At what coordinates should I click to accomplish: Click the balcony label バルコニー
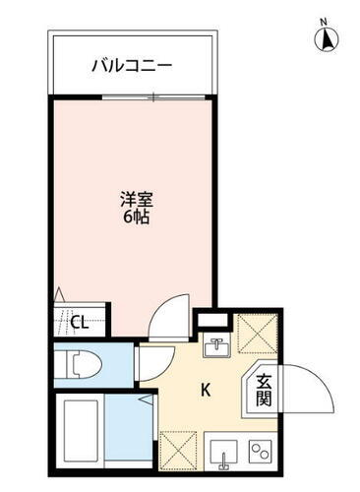[132, 66]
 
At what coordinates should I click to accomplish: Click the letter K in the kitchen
[206, 390]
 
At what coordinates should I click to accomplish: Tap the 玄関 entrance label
[265, 391]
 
